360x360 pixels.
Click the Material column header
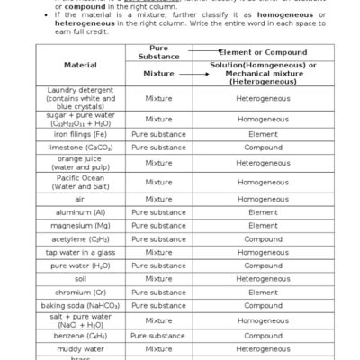(x=80, y=65)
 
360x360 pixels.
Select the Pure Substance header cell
(x=158, y=51)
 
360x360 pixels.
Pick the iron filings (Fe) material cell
(x=80, y=134)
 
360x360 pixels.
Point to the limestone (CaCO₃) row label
(x=80, y=147)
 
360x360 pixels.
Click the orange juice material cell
(x=80, y=163)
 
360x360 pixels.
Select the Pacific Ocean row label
(x=80, y=182)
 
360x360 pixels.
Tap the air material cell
(x=80, y=199)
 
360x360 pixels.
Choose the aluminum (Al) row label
(x=80, y=212)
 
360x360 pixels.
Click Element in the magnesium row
(x=263, y=226)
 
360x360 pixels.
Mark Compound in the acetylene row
(x=263, y=239)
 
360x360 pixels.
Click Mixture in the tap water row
(x=158, y=253)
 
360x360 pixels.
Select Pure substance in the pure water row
(x=158, y=265)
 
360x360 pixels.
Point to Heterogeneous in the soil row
(x=263, y=279)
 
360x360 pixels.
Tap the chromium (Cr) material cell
(x=80, y=292)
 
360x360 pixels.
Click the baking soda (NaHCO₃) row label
(x=80, y=305)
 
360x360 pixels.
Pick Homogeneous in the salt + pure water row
(x=263, y=320)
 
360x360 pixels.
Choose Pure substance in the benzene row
(x=158, y=335)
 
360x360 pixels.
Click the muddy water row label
(x=80, y=347)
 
